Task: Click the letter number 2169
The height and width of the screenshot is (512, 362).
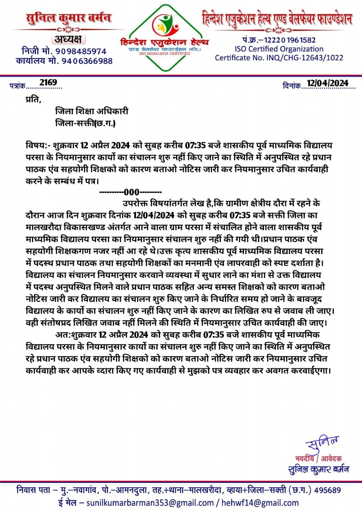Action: click(x=48, y=83)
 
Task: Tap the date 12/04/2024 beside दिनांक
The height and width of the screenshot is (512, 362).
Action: click(x=328, y=83)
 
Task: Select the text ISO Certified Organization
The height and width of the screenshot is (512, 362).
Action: click(x=279, y=49)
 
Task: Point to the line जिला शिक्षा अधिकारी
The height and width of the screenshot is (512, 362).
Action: click(x=92, y=111)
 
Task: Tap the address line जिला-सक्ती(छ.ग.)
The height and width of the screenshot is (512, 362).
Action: click(x=85, y=124)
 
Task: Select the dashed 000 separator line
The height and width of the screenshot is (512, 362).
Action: click(x=130, y=192)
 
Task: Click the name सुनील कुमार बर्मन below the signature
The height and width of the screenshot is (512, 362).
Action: click(x=318, y=469)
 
